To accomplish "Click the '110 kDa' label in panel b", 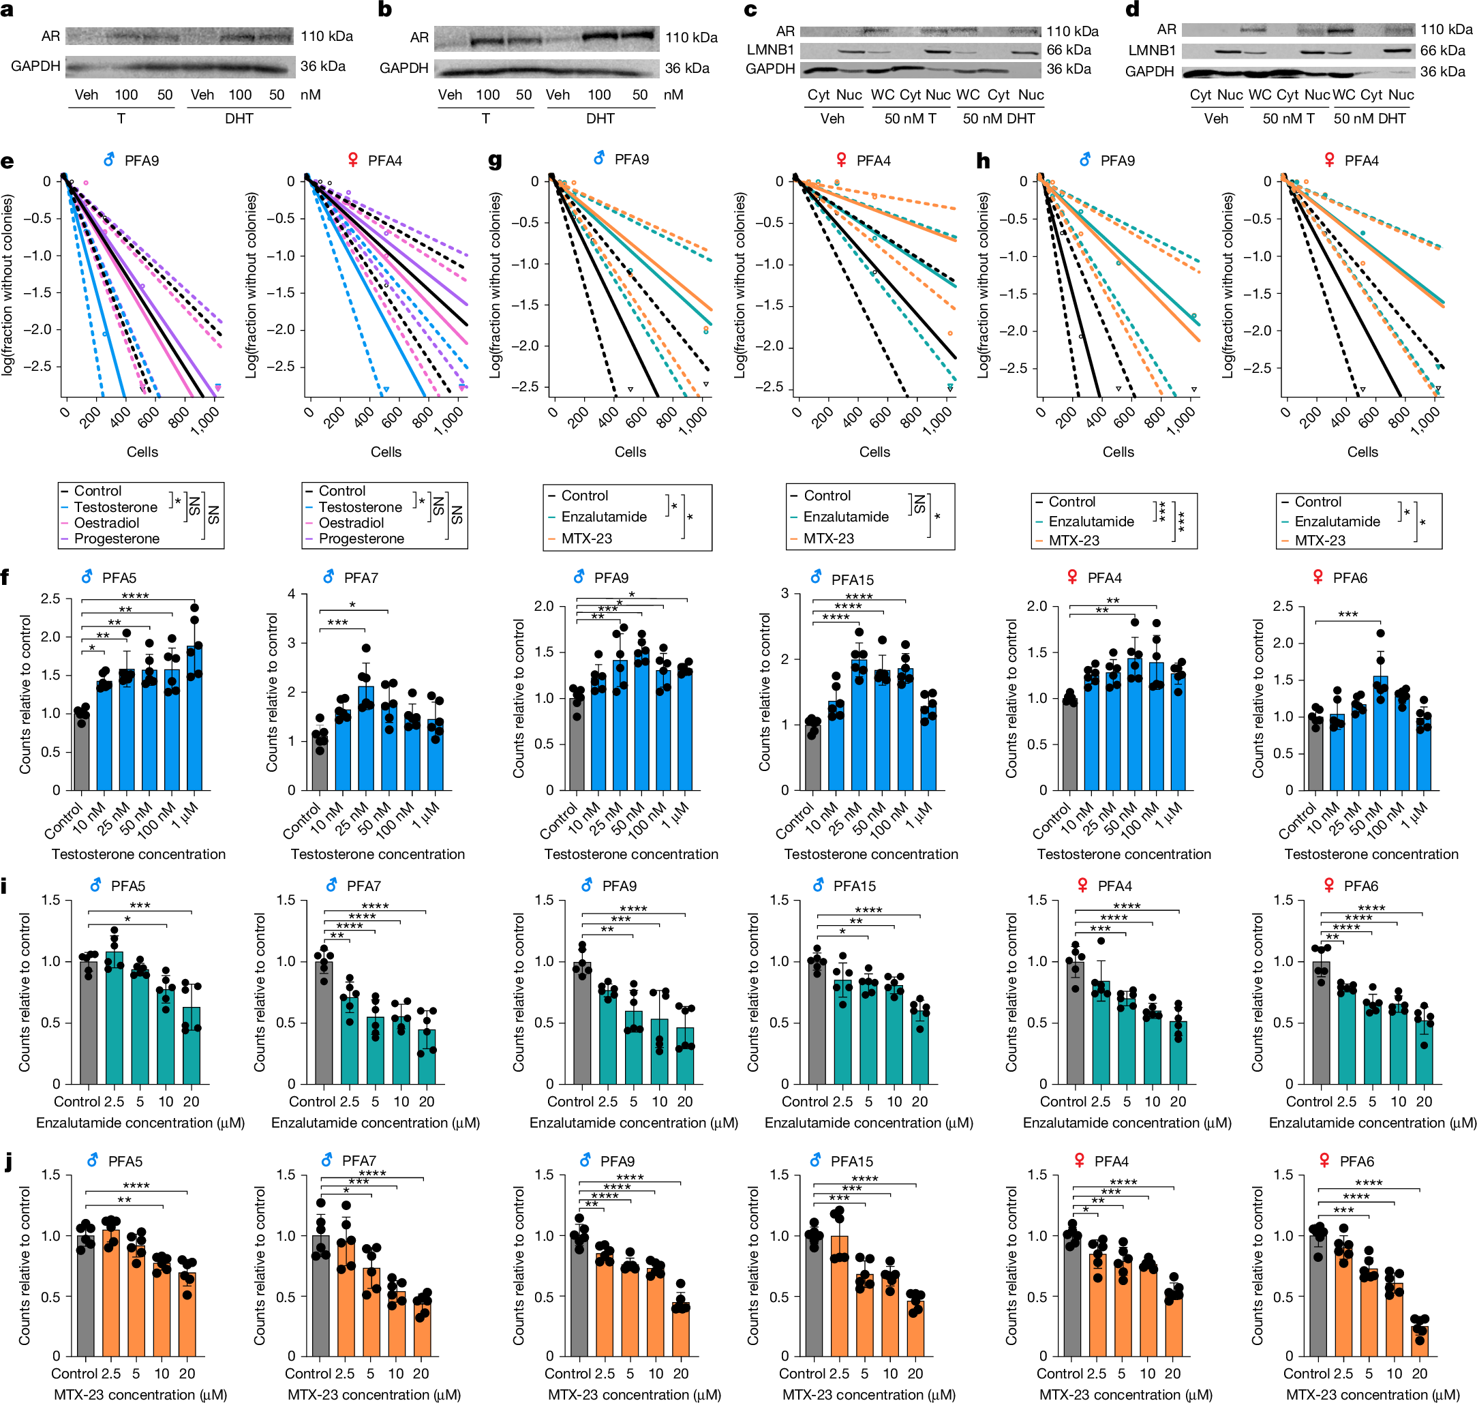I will (690, 37).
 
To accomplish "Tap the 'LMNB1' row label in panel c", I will (770, 50).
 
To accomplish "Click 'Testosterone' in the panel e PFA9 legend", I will (115, 507).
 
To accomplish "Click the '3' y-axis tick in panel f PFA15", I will (785, 593).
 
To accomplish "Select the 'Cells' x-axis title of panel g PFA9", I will (630, 452).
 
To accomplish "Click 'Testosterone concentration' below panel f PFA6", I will (1370, 854).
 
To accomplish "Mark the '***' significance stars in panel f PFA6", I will (1347, 615).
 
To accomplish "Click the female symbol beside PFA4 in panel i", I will (1082, 886).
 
